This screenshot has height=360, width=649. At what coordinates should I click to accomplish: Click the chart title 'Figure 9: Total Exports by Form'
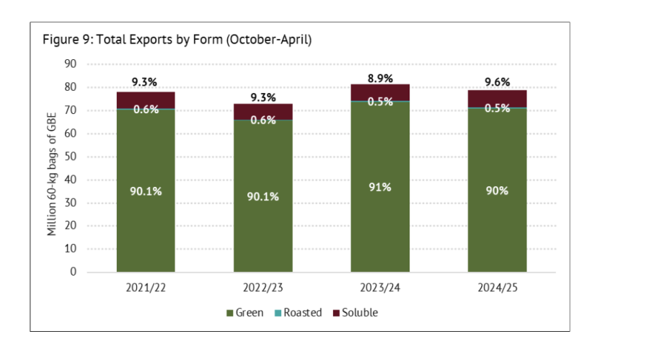point(177,40)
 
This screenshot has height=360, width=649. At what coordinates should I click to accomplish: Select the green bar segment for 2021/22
point(146,216)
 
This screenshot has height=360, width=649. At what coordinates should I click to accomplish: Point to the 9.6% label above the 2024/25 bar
point(498,82)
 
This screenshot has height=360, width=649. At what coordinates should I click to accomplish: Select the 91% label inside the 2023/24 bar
point(380,187)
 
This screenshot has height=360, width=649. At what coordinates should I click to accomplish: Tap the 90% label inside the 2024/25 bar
point(498,190)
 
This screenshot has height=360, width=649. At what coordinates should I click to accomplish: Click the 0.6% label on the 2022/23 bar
point(263,120)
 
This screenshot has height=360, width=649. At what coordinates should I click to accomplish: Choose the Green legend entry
point(245,312)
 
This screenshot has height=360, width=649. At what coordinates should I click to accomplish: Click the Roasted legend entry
point(298,312)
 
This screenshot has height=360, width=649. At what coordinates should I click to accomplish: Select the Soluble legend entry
point(356,312)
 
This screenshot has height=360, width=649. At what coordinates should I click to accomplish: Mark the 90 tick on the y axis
point(71,64)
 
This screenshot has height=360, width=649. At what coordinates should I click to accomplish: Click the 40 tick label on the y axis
point(71,180)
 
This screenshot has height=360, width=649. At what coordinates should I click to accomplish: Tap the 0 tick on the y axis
point(74,272)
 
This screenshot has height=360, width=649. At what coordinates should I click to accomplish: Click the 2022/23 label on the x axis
point(262,289)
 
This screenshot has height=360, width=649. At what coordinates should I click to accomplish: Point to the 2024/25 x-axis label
point(498,289)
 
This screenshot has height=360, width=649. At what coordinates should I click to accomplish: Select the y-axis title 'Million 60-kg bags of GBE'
point(53,167)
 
